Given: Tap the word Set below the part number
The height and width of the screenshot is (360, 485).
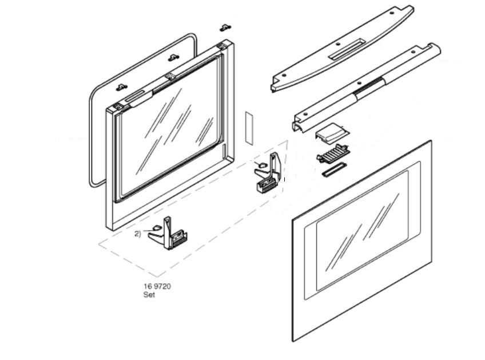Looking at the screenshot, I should point(149,295).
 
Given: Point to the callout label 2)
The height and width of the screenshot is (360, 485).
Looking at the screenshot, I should point(138,234).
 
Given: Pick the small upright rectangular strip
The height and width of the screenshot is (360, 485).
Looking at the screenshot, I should point(248,127).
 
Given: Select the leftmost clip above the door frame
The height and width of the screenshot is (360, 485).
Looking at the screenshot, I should point(121,86).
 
